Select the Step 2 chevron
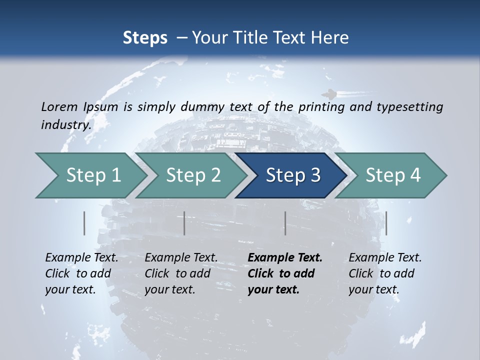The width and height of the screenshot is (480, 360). click(193, 175)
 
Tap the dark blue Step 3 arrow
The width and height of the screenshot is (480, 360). click(292, 175)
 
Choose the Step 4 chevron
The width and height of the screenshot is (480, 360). click(393, 175)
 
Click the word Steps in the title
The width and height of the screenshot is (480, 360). click(145, 37)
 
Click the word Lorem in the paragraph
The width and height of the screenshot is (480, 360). click(59, 106)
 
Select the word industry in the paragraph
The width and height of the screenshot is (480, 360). click(64, 125)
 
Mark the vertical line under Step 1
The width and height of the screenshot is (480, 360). click(84, 223)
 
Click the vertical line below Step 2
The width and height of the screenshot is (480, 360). click(184, 223)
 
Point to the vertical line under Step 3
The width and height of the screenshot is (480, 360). click(285, 223)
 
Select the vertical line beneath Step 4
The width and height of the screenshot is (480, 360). click(386, 223)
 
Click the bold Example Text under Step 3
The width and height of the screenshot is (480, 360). click(285, 258)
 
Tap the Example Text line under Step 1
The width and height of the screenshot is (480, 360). click(81, 258)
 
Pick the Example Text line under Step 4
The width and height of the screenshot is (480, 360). click(385, 258)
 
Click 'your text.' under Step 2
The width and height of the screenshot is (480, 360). click(170, 289)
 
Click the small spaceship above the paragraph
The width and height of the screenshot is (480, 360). click(328, 93)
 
